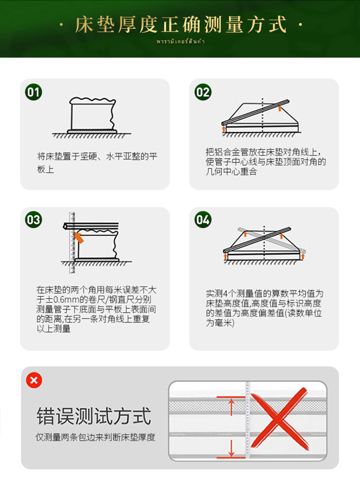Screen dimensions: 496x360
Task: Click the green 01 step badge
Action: [34, 92]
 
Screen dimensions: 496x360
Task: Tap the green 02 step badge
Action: [203, 92]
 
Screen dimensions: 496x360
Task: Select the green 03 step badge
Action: [34, 220]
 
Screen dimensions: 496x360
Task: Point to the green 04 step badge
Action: [203, 220]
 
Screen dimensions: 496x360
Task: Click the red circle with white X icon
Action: [34, 381]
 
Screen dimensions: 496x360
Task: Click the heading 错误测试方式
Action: [94, 416]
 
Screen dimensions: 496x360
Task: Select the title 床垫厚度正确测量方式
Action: [180, 24]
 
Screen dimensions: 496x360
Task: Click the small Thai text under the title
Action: [180, 42]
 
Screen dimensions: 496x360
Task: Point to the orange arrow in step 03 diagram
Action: [78, 236]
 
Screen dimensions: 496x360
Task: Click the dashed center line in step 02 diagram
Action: [262, 115]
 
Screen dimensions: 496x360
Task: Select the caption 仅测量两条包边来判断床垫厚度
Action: [95, 438]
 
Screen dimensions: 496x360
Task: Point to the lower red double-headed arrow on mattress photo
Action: [231, 446]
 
